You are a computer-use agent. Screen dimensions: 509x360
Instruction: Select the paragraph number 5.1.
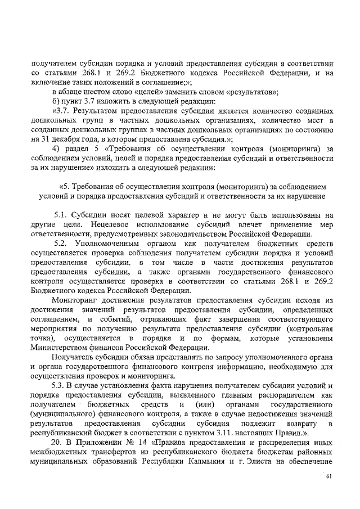[61, 214]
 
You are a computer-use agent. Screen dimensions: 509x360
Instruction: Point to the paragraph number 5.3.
[60, 385]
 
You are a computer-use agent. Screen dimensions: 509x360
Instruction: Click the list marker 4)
[56, 148]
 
